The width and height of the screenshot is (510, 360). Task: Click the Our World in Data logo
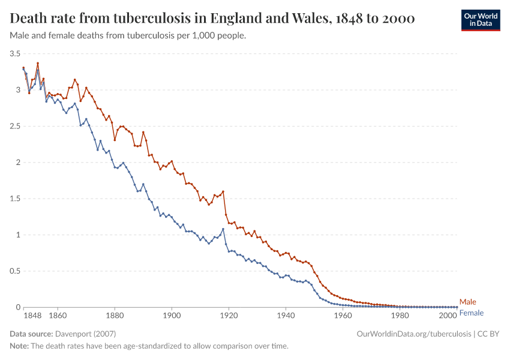(x=480, y=20)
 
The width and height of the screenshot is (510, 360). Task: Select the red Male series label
(x=467, y=302)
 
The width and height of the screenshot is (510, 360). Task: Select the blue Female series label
(x=471, y=313)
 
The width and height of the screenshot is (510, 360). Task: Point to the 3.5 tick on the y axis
(x=15, y=54)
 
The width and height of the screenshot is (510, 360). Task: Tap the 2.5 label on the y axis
(x=15, y=127)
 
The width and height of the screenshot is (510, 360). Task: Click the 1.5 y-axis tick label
(x=15, y=199)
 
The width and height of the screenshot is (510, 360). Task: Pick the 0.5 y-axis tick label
(x=15, y=271)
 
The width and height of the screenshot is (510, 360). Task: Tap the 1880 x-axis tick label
(x=115, y=315)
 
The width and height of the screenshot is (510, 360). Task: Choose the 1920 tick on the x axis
(x=229, y=315)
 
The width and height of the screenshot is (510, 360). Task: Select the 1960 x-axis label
(x=343, y=315)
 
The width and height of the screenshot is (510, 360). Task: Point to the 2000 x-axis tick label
(x=448, y=315)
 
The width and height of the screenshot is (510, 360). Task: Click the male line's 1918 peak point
(x=223, y=191)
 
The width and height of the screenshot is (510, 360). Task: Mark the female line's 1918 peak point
(x=223, y=229)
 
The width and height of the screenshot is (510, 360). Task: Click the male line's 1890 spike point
(x=143, y=132)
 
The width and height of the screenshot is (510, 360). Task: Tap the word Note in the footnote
(x=19, y=346)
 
